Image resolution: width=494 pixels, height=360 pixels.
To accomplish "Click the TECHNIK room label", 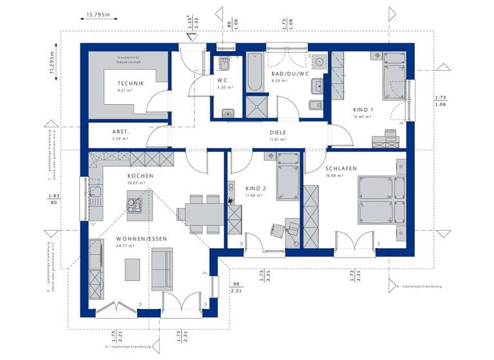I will (130, 84).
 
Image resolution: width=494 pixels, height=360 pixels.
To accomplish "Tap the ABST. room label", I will (121, 131).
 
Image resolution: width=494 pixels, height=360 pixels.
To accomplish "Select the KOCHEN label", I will (140, 175).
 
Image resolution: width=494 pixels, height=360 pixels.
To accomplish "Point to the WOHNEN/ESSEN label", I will (142, 239).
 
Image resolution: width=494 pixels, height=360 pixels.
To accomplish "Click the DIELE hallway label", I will (277, 132).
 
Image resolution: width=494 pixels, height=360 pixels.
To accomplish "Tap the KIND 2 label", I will (255, 189).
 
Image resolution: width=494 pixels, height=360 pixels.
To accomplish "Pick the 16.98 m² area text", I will (334, 175).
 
